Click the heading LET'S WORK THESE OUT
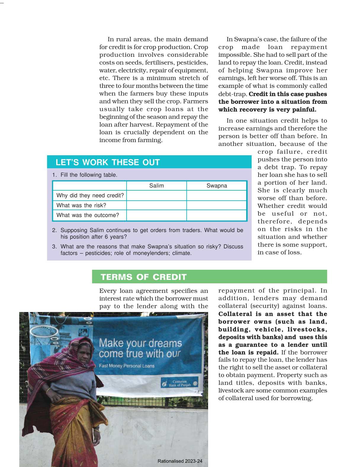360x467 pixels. tap(107, 162)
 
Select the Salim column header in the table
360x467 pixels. tap(156, 186)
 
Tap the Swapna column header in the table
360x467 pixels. tap(217, 186)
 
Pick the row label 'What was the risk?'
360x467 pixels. tap(81, 205)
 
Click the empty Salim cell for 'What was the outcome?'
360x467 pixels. tap(156, 215)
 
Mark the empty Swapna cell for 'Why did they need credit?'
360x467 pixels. tap(217, 195)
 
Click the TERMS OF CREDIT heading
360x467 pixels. tap(144, 277)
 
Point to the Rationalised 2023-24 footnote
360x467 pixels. tap(180, 461)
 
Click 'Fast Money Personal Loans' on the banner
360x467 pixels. tap(127, 366)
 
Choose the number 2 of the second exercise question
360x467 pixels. tap(54, 230)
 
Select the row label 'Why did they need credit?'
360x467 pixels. tap(90, 195)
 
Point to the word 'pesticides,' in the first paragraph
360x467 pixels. tap(192, 63)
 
